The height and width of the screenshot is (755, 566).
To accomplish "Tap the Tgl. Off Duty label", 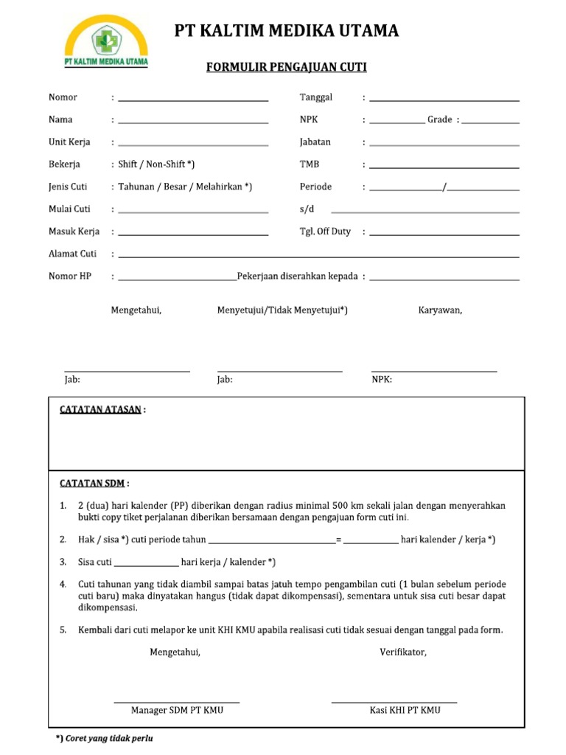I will click(x=325, y=232).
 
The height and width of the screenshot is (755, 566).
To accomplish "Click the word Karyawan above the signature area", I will click(x=440, y=310).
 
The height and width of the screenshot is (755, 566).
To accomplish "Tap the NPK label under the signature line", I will click(x=381, y=380).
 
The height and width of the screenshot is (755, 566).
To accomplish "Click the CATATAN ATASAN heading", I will click(x=100, y=410).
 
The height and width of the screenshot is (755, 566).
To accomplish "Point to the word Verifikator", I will click(x=403, y=653).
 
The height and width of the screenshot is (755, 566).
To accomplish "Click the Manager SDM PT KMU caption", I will click(x=177, y=710).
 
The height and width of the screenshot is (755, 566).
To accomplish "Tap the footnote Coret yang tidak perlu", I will click(x=108, y=738).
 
